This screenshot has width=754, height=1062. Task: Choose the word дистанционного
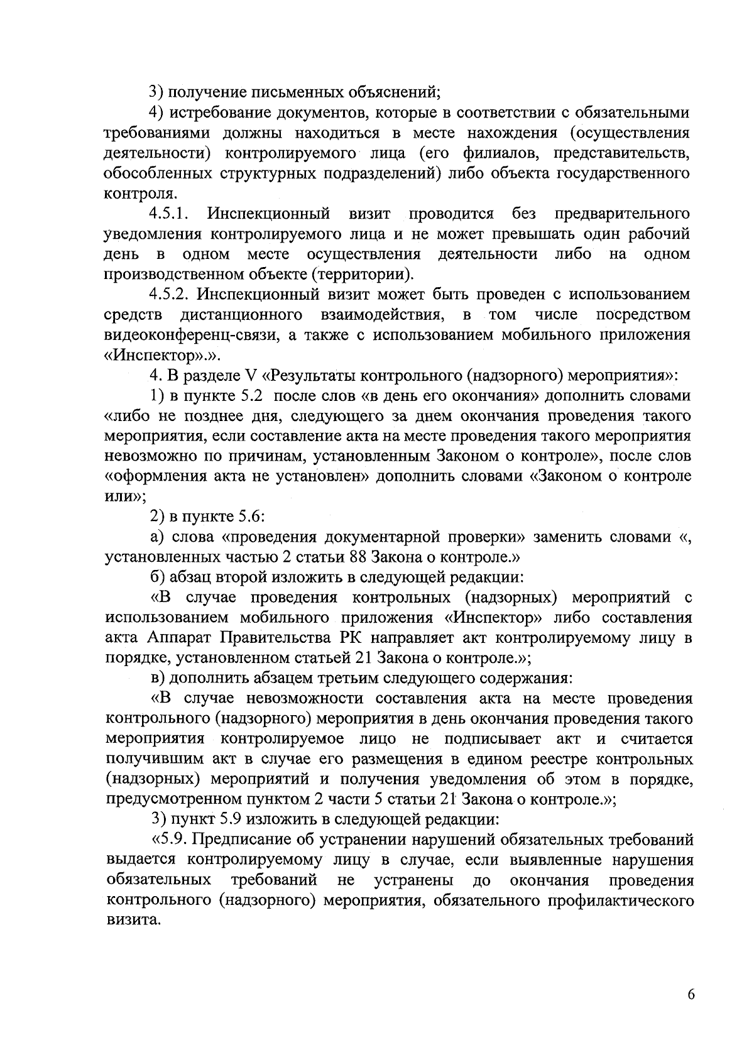(241, 314)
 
